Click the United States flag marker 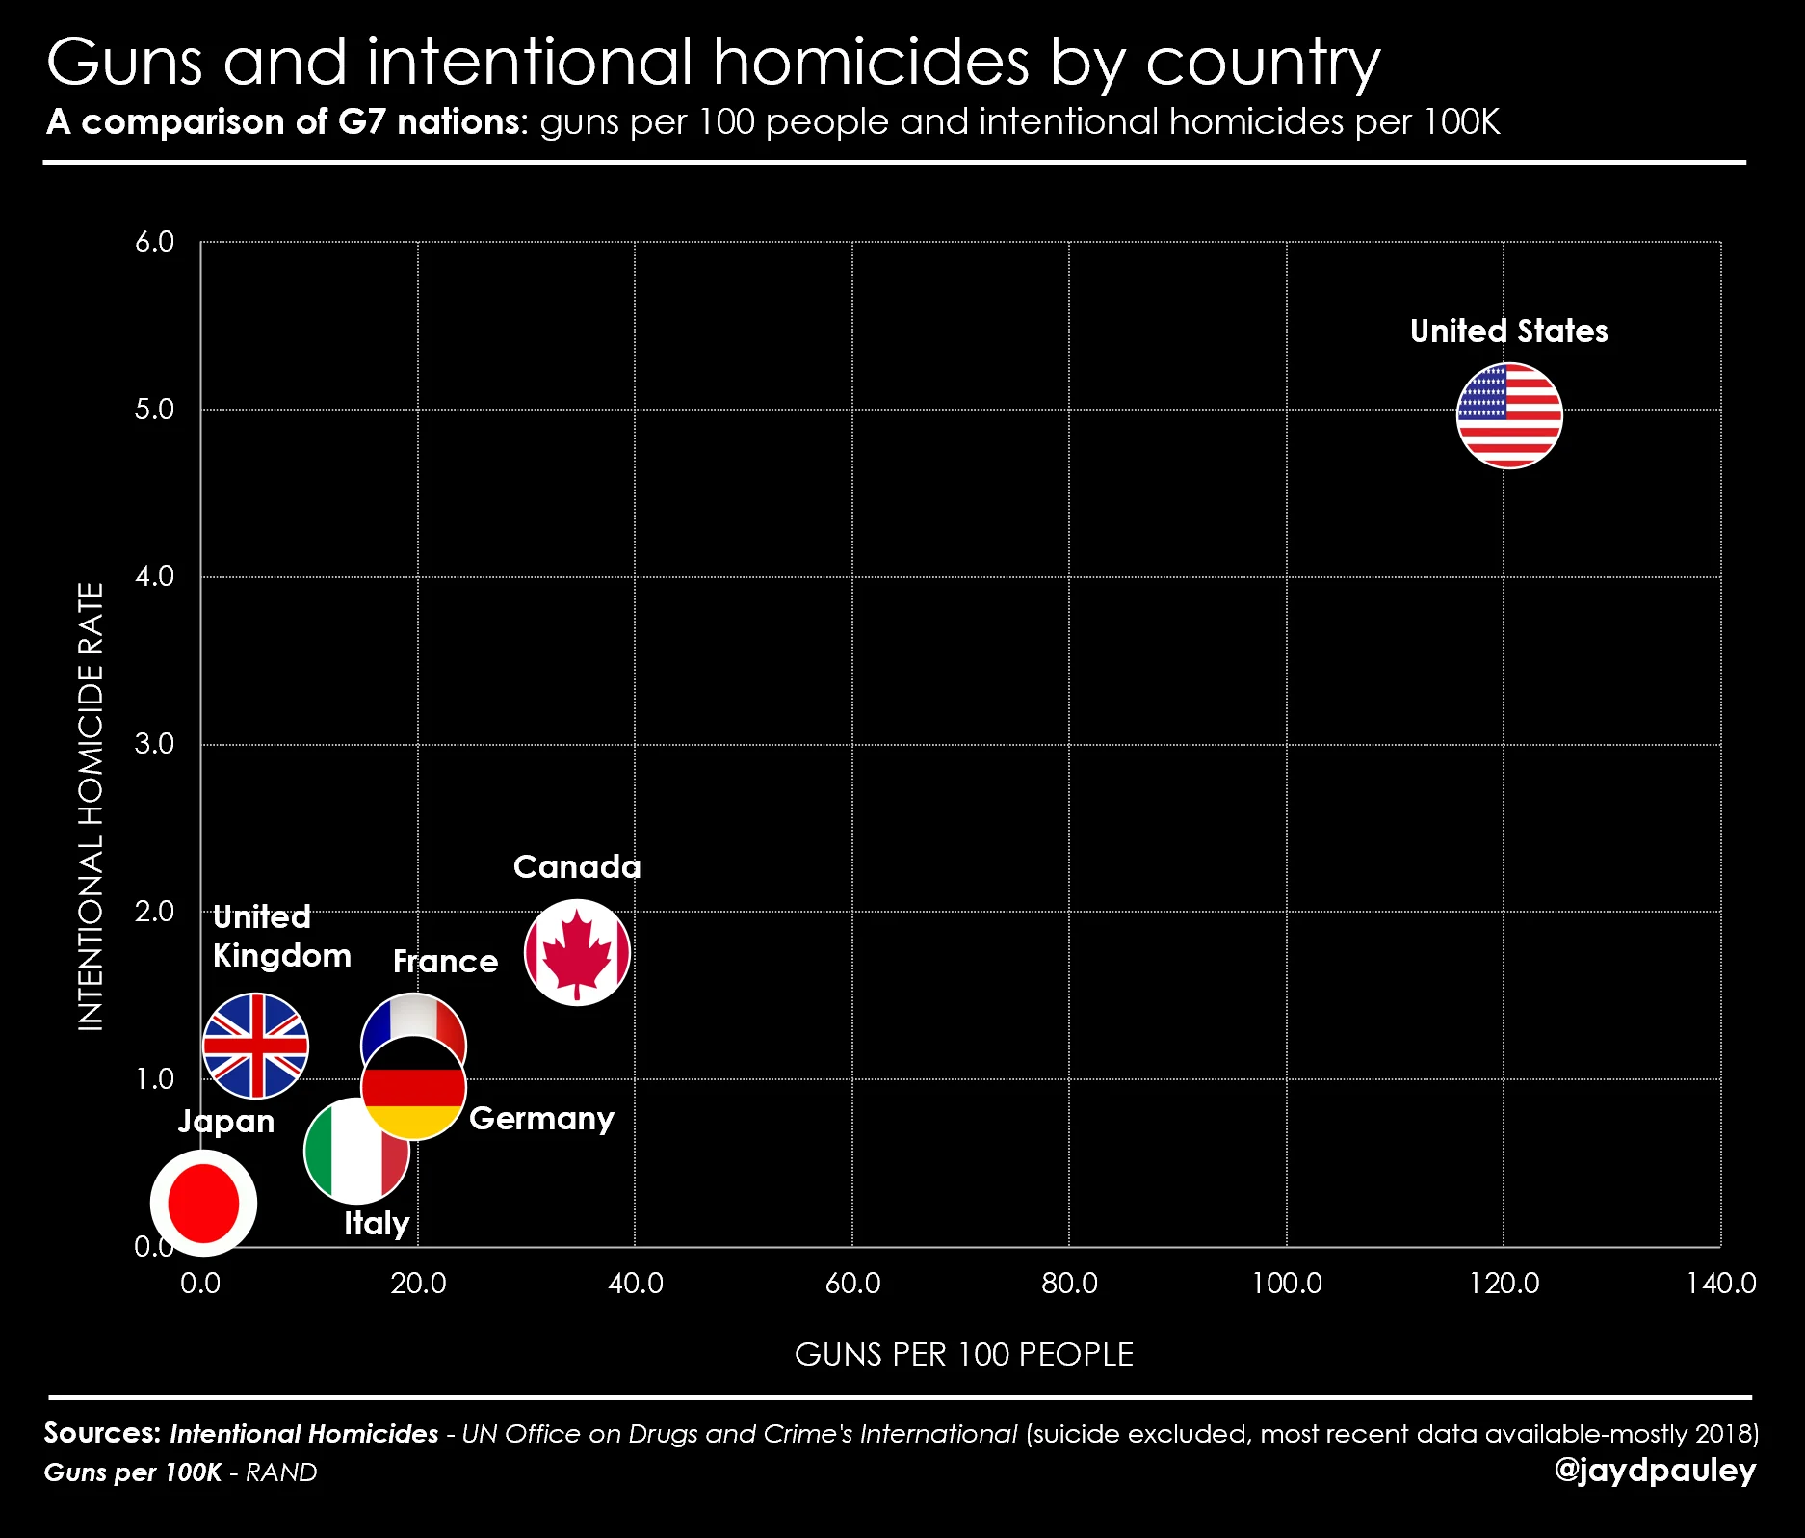[1509, 415]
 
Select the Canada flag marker [577, 952]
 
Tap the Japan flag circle [203, 1203]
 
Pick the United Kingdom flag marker [255, 1046]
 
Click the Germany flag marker [413, 1088]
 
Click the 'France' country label [445, 961]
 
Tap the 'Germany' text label [541, 1119]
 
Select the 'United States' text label [1509, 331]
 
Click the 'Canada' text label [577, 866]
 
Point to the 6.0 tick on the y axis [154, 241]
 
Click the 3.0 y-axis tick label [154, 743]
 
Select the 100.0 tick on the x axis [1286, 1284]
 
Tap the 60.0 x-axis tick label [852, 1284]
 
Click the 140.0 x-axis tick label [1720, 1284]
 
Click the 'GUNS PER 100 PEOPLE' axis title [964, 1354]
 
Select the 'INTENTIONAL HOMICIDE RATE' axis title [90, 807]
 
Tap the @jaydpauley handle [1655, 1471]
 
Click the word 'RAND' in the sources [281, 1472]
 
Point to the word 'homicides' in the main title [871, 62]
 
